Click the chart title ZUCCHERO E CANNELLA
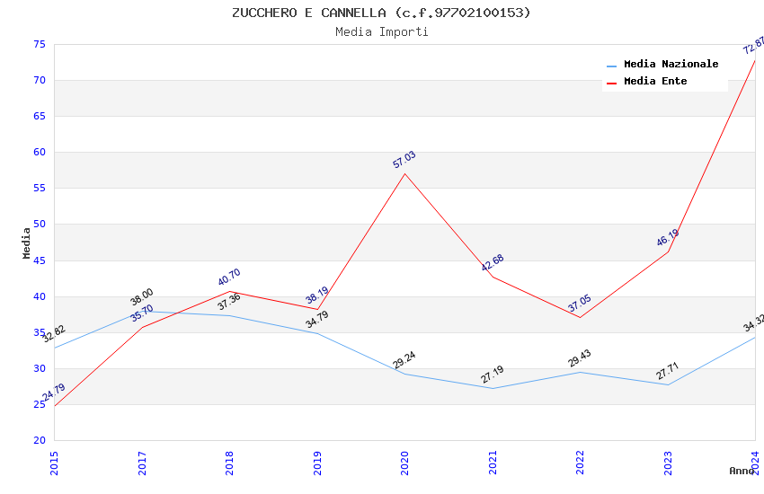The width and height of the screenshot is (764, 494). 381,13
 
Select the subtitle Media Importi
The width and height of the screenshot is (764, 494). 381,31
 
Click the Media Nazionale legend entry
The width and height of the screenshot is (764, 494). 671,65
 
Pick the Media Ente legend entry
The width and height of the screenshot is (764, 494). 655,81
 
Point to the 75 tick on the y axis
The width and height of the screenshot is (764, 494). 39,44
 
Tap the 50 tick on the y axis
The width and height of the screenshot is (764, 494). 39,225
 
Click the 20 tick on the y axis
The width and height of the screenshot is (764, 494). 39,440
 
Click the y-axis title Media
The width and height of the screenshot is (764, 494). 27,243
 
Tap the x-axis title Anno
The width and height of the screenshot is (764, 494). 742,471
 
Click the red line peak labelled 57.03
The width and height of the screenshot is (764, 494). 404,173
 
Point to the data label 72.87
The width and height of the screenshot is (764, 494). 753,45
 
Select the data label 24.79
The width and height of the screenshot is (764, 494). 53,393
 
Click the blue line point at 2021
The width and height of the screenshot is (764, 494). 493,388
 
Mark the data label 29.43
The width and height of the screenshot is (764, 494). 579,358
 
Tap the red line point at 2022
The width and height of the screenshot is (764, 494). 580,317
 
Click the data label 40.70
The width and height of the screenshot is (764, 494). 229,278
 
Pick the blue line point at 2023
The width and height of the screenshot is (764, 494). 668,384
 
